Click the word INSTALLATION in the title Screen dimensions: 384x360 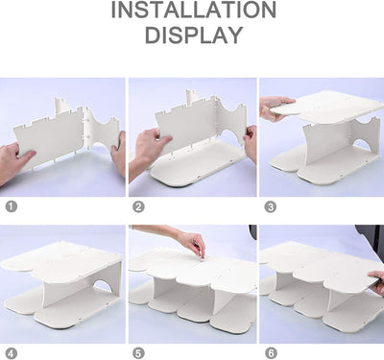[194, 10]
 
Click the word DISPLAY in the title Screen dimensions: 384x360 [194, 35]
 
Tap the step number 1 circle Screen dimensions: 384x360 [12, 206]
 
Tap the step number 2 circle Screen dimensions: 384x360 [138, 206]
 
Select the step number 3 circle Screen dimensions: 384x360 [270, 206]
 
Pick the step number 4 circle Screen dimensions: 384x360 [12, 354]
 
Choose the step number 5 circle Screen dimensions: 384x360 [138, 353]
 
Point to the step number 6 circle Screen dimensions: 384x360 [271, 353]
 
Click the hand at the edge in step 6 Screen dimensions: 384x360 [377, 282]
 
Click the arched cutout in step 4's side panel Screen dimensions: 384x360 [103, 285]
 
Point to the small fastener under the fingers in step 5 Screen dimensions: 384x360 [202, 257]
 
